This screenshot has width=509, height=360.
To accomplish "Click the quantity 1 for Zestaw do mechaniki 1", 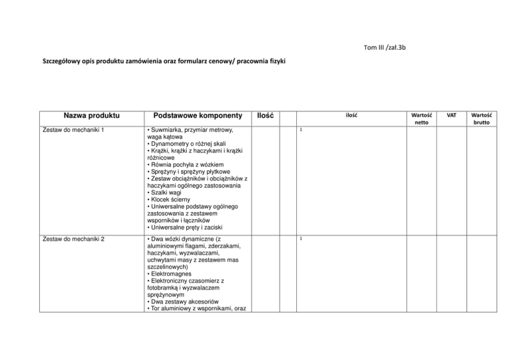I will [300, 130].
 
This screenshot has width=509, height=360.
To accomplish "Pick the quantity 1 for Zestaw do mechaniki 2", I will [300, 237].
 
